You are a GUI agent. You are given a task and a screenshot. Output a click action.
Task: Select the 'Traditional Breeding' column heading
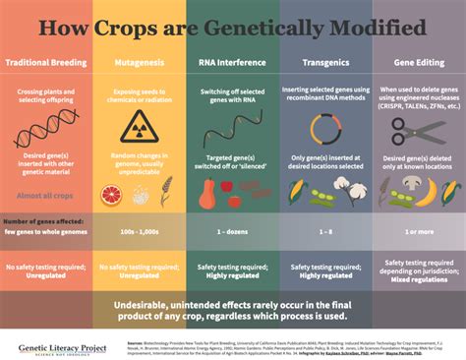point(46,62)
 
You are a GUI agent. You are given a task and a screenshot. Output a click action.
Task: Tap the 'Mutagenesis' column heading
point(139,62)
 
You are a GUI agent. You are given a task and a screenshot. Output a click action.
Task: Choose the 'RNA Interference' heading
point(232,62)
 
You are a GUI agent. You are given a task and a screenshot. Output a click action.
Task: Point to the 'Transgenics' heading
point(325,62)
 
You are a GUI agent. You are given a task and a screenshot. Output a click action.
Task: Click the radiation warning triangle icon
point(139,131)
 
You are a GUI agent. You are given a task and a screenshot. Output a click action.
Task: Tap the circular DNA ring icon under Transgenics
point(325,130)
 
